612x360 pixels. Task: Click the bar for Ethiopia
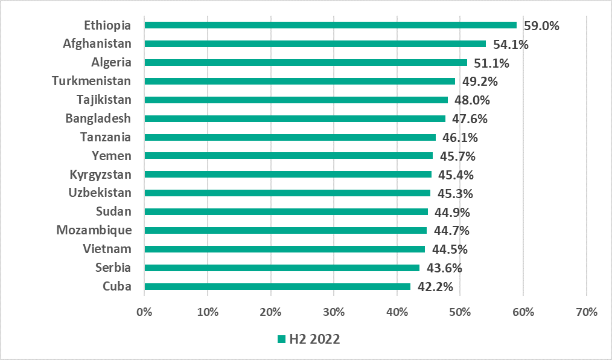pyautogui.click(x=331, y=25)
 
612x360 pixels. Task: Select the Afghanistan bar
pyautogui.click(x=315, y=44)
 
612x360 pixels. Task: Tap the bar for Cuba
pyautogui.click(x=278, y=287)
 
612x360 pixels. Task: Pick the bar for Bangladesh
pyautogui.click(x=295, y=119)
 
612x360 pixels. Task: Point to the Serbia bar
pyautogui.click(x=282, y=268)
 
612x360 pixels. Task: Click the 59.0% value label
pyautogui.click(x=541, y=26)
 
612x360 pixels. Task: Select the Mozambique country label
pyautogui.click(x=94, y=230)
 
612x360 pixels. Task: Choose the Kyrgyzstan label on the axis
pyautogui.click(x=100, y=175)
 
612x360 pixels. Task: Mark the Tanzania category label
pyautogui.click(x=106, y=137)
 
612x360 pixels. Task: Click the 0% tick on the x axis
pyautogui.click(x=144, y=312)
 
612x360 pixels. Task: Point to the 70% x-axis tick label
pyautogui.click(x=586, y=312)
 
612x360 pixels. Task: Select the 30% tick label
pyautogui.click(x=334, y=312)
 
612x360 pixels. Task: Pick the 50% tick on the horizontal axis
pyautogui.click(x=460, y=312)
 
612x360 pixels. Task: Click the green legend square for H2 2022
pyautogui.click(x=281, y=339)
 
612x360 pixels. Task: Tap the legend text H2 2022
pyautogui.click(x=314, y=339)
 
